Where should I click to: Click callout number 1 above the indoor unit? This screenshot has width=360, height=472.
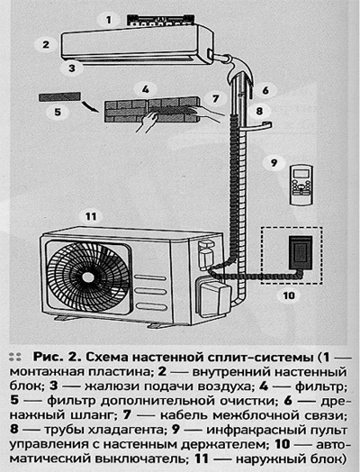click(x=109, y=20)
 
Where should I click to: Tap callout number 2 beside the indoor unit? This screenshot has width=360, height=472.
click(x=46, y=44)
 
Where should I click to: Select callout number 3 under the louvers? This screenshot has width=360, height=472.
click(x=72, y=68)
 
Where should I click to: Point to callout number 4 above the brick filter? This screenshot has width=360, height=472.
click(x=146, y=89)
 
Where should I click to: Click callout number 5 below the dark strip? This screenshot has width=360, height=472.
click(x=58, y=112)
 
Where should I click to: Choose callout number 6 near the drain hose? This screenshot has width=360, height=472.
click(x=265, y=90)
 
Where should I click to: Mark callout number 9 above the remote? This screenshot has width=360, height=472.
click(x=274, y=163)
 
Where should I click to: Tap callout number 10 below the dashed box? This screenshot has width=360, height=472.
click(x=289, y=295)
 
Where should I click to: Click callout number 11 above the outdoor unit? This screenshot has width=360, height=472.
click(x=91, y=216)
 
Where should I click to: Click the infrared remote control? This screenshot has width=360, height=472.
click(x=301, y=186)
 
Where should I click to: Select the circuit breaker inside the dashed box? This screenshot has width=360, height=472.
click(x=301, y=253)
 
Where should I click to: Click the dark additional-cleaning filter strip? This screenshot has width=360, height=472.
click(x=59, y=96)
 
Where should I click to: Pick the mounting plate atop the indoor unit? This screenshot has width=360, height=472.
click(x=160, y=19)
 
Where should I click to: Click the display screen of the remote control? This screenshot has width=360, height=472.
click(x=301, y=173)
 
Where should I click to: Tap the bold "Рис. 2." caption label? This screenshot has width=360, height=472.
click(x=57, y=358)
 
